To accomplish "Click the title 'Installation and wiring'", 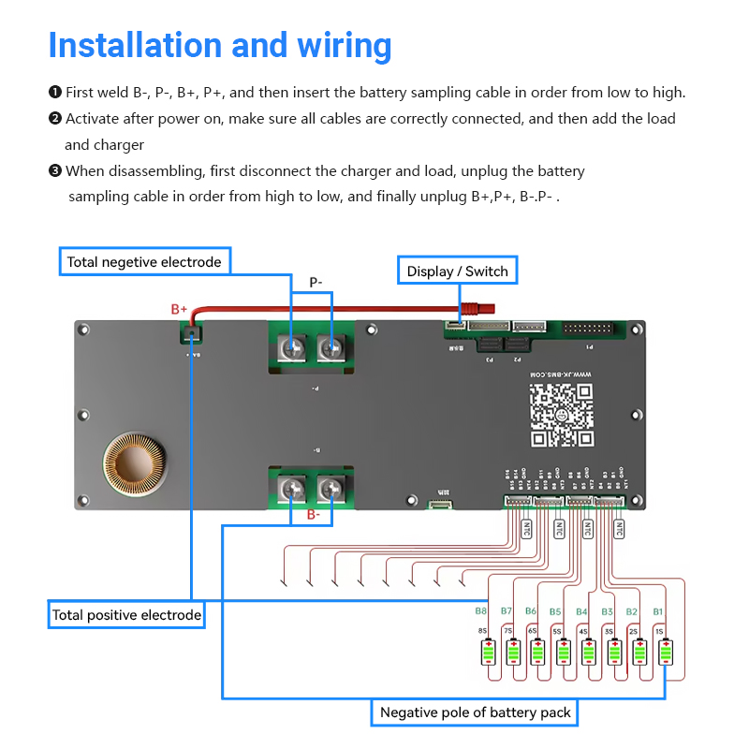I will pos(220,45).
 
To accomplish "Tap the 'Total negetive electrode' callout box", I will pos(144,262).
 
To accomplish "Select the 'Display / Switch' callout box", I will pos(457,272).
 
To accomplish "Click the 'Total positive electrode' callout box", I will pos(126,615).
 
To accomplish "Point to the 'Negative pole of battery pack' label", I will pos(475,712).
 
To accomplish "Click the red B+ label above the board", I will pos(179,308).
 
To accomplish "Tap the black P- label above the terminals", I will pos(316,282).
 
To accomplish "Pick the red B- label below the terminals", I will pos(313,515).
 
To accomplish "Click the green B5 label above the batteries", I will pos(555,611).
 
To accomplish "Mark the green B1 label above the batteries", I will pos(657,611).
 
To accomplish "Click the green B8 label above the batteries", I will pos(480,611).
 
